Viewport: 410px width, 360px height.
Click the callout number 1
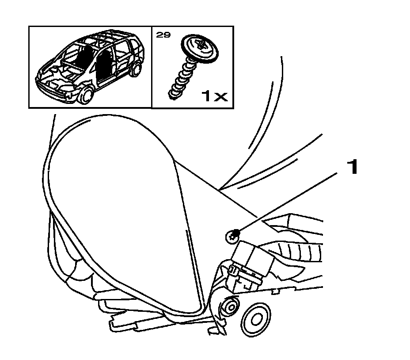[x=352, y=168]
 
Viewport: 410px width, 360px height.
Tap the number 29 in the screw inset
[x=163, y=34]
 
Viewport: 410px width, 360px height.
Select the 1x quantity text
[x=214, y=95]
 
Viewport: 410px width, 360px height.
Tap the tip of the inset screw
[x=170, y=94]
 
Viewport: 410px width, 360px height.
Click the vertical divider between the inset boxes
[x=152, y=66]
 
